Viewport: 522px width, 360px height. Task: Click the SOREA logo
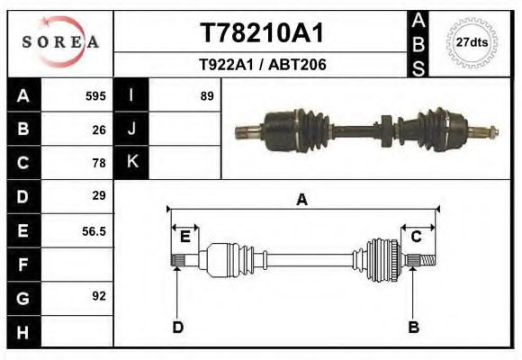click(60, 42)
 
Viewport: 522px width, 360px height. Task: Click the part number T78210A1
click(261, 33)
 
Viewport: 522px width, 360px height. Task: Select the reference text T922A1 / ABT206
click(262, 65)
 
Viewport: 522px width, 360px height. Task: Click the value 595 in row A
click(95, 96)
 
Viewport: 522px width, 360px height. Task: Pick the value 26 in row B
click(99, 130)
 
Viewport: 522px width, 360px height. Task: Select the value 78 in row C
click(99, 163)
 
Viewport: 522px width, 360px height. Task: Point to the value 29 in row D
click(99, 195)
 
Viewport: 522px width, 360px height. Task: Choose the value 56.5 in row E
click(94, 231)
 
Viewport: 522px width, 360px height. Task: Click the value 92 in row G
click(99, 295)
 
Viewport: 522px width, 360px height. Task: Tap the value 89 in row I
click(207, 96)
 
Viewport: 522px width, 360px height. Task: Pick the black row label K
click(131, 162)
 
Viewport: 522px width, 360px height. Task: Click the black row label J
click(131, 130)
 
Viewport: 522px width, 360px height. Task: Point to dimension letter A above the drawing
click(301, 200)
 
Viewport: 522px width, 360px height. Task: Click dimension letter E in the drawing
click(184, 237)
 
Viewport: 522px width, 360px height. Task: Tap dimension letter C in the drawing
click(417, 237)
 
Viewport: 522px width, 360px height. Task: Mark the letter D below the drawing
click(177, 327)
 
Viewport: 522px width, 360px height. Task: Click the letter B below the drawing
click(414, 327)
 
